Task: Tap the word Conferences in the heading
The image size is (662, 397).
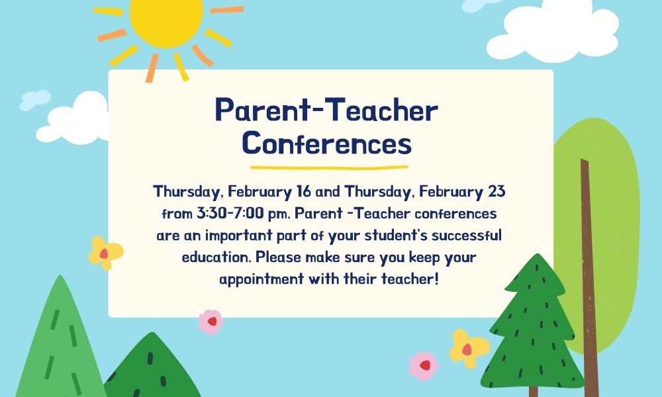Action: [327, 143]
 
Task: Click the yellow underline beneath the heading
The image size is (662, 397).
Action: [329, 167]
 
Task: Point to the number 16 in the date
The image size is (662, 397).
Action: [304, 191]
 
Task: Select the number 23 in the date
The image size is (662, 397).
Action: [496, 191]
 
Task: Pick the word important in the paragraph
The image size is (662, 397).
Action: [239, 236]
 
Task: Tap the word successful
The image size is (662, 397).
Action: [467, 235]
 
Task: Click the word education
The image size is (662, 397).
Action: [216, 257]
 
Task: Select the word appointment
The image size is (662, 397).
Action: [261, 279]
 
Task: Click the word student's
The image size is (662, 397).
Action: [396, 235]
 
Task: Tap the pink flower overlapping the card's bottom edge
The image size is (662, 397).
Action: [211, 322]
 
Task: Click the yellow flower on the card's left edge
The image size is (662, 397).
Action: [105, 253]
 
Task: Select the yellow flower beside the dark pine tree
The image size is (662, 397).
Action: [469, 349]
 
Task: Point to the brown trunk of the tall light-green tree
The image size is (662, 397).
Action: [589, 279]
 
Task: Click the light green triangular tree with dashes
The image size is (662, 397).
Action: [60, 341]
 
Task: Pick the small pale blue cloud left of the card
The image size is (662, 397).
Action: [35, 99]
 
